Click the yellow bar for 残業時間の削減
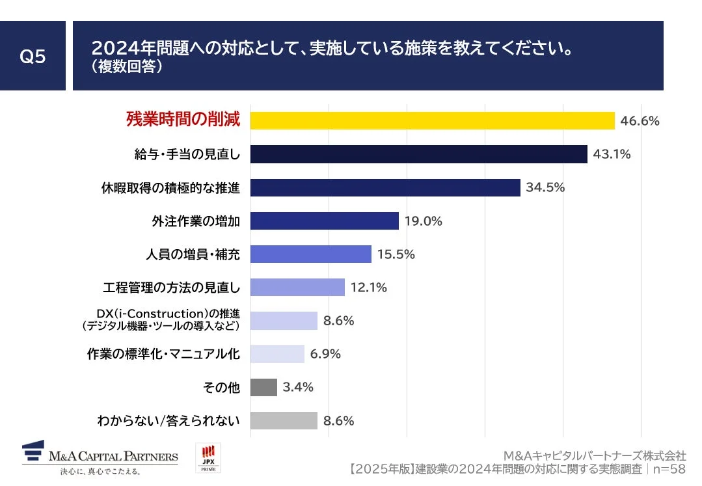click(x=432, y=121)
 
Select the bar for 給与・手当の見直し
click(x=418, y=154)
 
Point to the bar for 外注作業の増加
click(x=324, y=221)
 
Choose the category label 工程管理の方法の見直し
click(x=172, y=288)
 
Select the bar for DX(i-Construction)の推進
click(x=284, y=321)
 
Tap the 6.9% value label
click(x=325, y=354)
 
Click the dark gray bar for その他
click(x=263, y=388)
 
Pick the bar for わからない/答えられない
click(x=284, y=421)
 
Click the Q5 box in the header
click(x=33, y=57)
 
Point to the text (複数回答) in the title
click(x=126, y=67)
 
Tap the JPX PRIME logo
click(x=209, y=458)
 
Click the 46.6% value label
click(x=640, y=121)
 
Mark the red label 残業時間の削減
click(x=183, y=120)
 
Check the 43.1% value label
click(x=612, y=154)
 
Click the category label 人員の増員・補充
click(x=193, y=254)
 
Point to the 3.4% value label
click(x=298, y=388)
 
